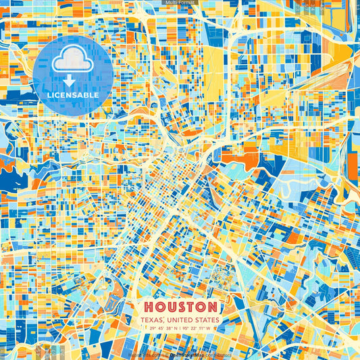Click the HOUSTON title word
click(x=179, y=307)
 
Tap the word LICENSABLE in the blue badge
click(x=73, y=95)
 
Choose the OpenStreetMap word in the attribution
click(x=191, y=353)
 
